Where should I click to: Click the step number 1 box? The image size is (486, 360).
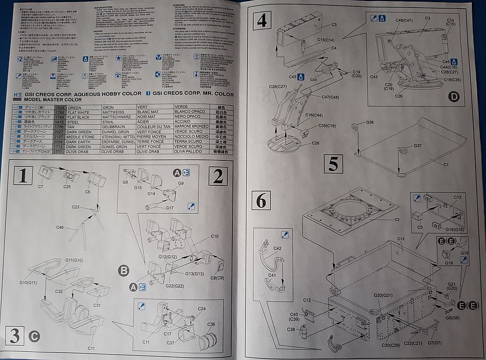pos(22,176)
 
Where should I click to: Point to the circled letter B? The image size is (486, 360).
pos(123,271)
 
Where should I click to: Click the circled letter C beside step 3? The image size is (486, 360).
pos(34,336)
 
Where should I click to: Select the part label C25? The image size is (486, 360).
pos(67,187)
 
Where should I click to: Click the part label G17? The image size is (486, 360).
pos(169,208)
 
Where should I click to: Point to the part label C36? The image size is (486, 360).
pos(211,324)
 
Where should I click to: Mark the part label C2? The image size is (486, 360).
pos(397,220)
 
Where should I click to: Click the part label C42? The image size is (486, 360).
pos(278,248)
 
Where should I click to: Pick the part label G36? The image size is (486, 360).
pos(369,122)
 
